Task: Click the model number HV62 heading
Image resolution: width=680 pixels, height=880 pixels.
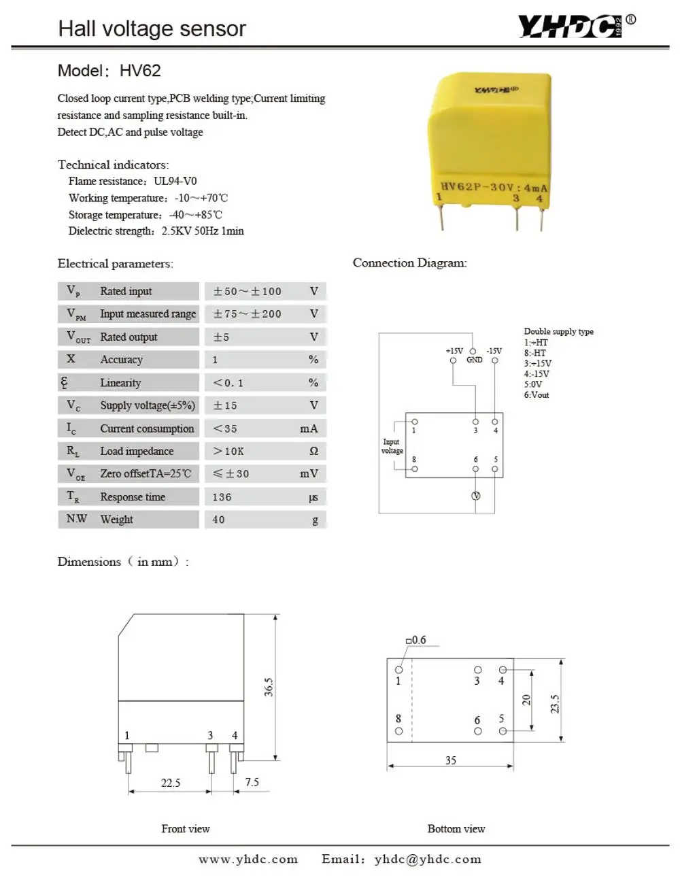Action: click(x=140, y=71)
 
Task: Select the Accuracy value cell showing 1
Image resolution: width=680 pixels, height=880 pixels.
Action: click(x=216, y=360)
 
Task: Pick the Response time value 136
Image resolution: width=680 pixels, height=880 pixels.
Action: click(x=222, y=497)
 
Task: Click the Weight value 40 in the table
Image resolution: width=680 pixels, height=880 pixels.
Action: click(x=218, y=520)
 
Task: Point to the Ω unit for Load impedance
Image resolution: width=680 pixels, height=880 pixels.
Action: click(x=313, y=451)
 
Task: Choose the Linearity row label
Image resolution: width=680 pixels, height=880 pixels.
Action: click(x=120, y=383)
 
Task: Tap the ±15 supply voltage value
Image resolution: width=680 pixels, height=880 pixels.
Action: click(x=225, y=405)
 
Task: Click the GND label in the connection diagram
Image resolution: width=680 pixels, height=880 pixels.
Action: click(x=474, y=360)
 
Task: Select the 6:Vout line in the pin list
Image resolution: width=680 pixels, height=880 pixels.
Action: click(x=537, y=394)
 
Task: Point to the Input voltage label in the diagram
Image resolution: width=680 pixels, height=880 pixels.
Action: click(x=392, y=446)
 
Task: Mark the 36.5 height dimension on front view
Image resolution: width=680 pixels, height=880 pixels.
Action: click(x=269, y=687)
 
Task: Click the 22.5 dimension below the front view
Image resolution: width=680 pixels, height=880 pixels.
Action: click(x=171, y=783)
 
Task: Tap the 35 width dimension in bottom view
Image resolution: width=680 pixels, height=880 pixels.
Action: click(x=451, y=760)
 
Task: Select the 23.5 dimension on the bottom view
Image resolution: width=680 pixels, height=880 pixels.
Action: click(x=555, y=703)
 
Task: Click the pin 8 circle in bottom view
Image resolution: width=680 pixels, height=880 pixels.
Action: click(x=398, y=731)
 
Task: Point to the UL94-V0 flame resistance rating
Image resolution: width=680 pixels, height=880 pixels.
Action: click(x=175, y=181)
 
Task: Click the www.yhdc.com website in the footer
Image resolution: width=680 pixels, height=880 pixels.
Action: click(x=248, y=859)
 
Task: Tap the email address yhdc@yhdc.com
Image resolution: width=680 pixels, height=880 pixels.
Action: click(x=428, y=859)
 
